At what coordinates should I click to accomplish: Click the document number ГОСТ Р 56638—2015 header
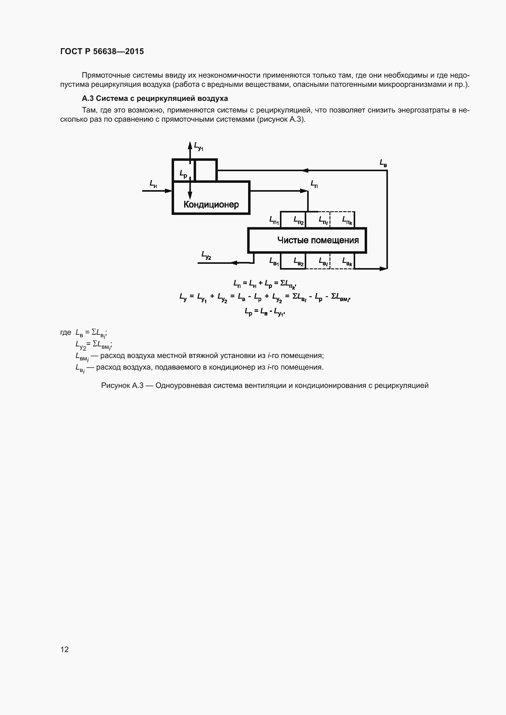tap(102, 51)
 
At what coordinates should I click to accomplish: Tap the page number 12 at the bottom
tap(65, 649)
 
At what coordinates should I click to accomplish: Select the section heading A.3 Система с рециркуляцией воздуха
tap(154, 98)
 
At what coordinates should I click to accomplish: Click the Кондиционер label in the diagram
tap(211, 204)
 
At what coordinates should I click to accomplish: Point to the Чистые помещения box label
tap(318, 240)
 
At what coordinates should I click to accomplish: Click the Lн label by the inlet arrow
tap(153, 184)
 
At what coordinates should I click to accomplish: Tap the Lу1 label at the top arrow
tap(199, 146)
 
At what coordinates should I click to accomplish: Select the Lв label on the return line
tap(383, 163)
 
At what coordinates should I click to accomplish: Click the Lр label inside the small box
tap(183, 174)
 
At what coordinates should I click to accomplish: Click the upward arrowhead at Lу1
tap(190, 145)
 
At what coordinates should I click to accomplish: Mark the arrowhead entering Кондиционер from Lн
tap(169, 190)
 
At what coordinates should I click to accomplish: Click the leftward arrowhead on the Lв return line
tap(305, 170)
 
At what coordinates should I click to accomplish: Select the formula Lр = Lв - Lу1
tap(265, 311)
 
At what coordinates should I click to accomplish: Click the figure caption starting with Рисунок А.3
tap(265, 385)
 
